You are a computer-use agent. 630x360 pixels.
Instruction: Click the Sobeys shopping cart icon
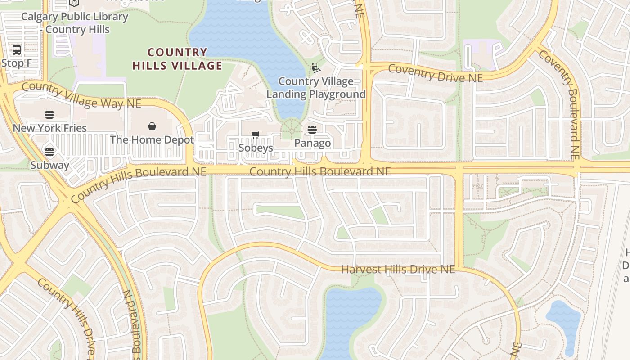tap(256, 135)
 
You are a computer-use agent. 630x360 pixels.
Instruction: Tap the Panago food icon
tap(312, 130)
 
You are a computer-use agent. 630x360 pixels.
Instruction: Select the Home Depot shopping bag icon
tap(152, 126)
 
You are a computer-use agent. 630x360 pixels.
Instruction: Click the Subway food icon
tap(49, 152)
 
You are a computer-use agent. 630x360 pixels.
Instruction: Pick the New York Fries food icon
tap(49, 115)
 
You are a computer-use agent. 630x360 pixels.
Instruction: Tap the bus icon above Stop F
tap(17, 49)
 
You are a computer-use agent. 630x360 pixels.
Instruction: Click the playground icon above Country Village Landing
tap(316, 68)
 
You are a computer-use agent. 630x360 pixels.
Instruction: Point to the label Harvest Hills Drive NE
tap(398, 269)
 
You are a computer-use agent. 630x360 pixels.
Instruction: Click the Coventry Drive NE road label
tap(435, 73)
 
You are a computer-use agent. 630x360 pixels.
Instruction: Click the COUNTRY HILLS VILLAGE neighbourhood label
tap(177, 59)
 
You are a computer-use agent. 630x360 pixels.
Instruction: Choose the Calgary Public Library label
tap(75, 23)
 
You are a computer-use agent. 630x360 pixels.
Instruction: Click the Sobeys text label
tap(256, 148)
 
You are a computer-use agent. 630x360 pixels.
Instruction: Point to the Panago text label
tap(312, 143)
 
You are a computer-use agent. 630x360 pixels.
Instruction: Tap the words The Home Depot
tap(152, 139)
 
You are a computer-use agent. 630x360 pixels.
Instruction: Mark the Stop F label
tap(17, 63)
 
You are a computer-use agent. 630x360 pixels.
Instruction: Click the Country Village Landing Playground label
tap(316, 88)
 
